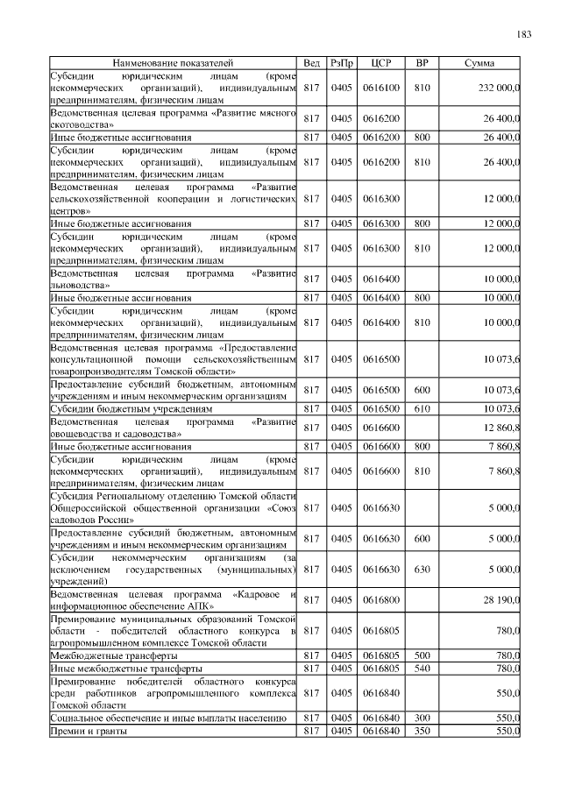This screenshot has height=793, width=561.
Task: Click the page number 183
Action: coord(524,34)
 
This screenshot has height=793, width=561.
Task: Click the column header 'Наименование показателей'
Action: coord(172,64)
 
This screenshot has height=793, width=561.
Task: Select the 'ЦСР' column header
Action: coord(380,64)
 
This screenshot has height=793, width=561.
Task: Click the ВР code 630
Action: coord(422,570)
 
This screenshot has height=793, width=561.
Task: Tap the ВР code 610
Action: coord(422,409)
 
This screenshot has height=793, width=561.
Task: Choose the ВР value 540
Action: coord(422,669)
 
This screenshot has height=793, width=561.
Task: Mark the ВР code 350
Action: coord(422,731)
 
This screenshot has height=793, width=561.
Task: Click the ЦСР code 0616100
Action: coord(380,88)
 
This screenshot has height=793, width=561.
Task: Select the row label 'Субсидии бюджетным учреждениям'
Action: coord(131,409)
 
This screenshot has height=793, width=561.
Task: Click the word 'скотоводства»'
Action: coord(83,124)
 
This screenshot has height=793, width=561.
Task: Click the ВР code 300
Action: coord(422,718)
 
